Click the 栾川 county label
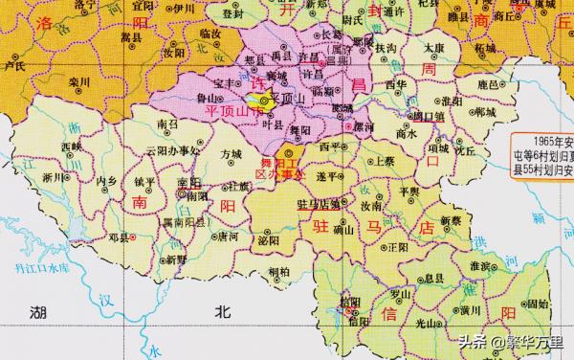click(x=78, y=83)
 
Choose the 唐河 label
click(x=228, y=236)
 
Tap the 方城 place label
click(x=231, y=153)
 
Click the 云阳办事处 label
click(x=172, y=150)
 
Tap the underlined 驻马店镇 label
click(x=319, y=204)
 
